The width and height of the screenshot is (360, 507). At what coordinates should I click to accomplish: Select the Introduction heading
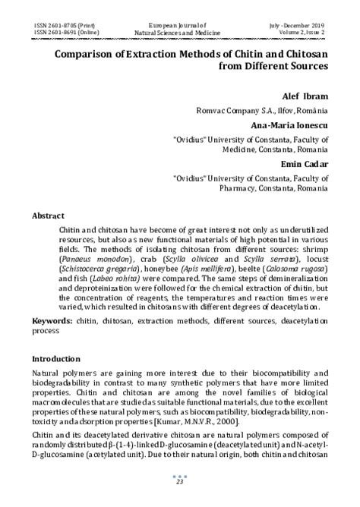click(x=58, y=357)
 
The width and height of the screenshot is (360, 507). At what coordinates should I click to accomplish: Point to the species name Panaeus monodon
click(x=90, y=259)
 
